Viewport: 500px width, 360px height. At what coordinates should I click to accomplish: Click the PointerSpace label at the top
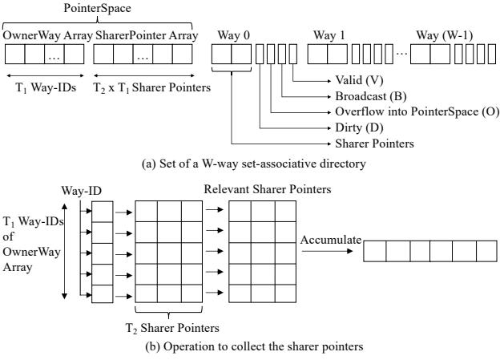click(97, 8)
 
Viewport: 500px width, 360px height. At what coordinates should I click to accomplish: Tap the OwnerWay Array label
click(48, 35)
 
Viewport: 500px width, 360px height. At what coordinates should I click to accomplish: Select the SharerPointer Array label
click(147, 35)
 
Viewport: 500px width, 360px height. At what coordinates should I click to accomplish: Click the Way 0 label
click(234, 35)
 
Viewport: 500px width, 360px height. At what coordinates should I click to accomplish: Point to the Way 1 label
click(329, 35)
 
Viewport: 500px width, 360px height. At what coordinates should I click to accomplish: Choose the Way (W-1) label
click(445, 35)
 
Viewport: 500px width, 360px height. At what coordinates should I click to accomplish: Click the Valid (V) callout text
click(359, 80)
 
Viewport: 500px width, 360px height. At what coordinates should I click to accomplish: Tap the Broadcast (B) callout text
click(371, 96)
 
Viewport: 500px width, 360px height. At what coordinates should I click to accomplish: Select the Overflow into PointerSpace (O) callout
click(417, 111)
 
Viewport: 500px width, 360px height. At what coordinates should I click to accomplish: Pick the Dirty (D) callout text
click(359, 127)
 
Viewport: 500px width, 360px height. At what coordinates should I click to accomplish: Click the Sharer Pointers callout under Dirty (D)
click(374, 144)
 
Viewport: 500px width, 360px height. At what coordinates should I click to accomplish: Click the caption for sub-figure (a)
click(254, 164)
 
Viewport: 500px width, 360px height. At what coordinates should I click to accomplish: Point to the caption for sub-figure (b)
click(254, 346)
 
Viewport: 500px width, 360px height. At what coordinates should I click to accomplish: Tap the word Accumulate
click(331, 240)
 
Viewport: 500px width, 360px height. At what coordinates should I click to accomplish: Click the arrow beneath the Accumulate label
click(327, 251)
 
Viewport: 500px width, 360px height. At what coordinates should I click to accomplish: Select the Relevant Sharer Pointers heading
click(268, 189)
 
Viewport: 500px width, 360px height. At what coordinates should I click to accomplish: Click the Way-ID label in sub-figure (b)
click(82, 191)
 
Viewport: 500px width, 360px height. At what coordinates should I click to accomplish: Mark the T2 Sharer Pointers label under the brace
click(172, 328)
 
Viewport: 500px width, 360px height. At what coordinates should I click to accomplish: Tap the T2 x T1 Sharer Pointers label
click(152, 87)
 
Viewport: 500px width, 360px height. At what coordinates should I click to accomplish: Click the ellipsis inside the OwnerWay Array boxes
click(54, 58)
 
